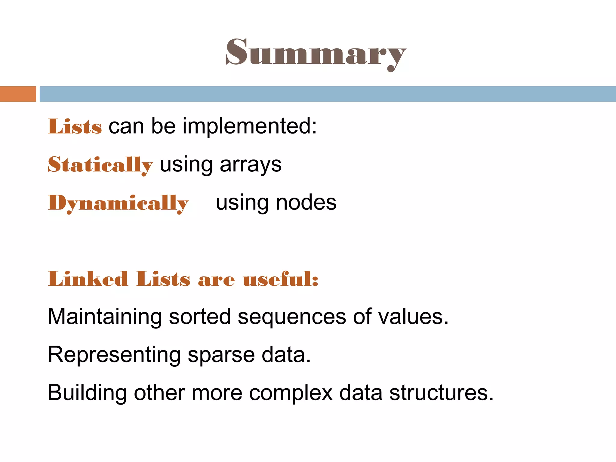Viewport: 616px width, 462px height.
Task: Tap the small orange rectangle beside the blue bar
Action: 18,94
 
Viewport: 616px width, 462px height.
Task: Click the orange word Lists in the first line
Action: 75,126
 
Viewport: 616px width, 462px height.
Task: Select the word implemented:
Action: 250,126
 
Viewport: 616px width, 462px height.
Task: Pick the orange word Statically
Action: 100,165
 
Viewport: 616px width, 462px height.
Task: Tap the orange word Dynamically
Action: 118,203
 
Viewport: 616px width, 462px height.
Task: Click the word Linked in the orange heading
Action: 88,279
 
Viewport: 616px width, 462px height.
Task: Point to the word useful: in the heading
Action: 281,279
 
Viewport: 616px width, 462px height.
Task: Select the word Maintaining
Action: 105,317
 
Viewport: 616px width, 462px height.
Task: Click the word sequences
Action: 292,317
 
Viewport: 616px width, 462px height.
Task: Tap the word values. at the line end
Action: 413,317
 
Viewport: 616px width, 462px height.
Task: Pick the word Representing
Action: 114,355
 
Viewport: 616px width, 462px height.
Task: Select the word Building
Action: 87,393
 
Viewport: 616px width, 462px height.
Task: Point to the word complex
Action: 291,393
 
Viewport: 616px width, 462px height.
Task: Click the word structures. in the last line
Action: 441,393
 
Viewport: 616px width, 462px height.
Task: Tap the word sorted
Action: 200,317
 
